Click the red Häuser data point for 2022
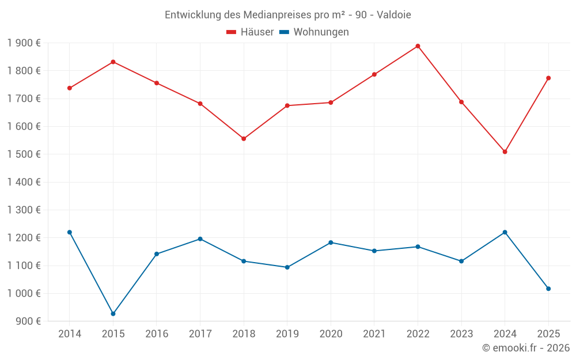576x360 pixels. pos(418,46)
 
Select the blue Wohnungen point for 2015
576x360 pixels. pos(113,314)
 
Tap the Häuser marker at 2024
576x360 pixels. pos(505,152)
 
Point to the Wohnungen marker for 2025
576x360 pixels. pos(548,289)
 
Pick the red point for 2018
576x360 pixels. pos(244,139)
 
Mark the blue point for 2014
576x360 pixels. pos(70,232)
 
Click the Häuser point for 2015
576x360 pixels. pos(113,62)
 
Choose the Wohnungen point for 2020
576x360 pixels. pos(331,242)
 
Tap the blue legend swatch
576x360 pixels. pos(284,32)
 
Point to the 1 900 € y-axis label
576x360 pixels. pos(24,43)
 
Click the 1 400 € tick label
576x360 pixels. pos(24,182)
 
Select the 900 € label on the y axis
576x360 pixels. pos(28,321)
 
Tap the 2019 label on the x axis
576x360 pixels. pos(287,334)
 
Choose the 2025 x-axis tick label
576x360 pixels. pos(548,334)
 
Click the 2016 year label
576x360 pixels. pos(157,334)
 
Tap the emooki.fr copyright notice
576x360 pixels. pos(525,348)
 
